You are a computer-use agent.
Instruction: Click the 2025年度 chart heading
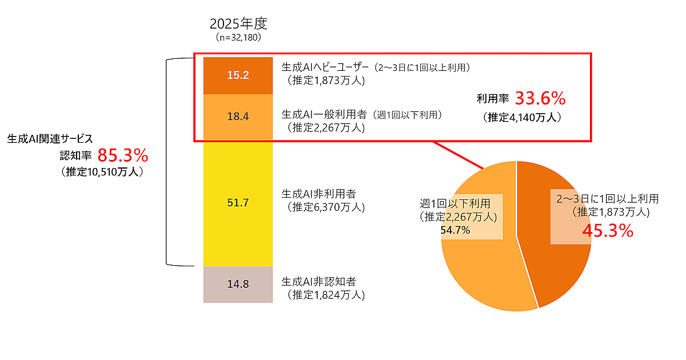pos(238,24)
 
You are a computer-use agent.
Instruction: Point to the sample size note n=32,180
pos(238,38)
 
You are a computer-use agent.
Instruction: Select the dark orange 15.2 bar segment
pos(238,75)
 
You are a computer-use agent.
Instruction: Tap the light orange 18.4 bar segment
pos(238,117)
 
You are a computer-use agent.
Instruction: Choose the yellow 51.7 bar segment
pos(238,203)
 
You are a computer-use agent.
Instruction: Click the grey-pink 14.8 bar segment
pos(238,284)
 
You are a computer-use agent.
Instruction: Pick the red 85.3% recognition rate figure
pos(122,155)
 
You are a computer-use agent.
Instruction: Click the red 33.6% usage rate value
pos(540,99)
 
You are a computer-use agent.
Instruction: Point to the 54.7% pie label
pos(455,230)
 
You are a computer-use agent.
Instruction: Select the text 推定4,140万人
pos(522,118)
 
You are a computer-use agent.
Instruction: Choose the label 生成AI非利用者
pos(318,194)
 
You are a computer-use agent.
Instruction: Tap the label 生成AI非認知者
pos(318,282)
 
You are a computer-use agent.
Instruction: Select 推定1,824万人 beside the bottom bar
pos(325,295)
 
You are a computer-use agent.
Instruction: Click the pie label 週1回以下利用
pos(455,203)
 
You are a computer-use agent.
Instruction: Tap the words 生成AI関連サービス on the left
pos(50,139)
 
